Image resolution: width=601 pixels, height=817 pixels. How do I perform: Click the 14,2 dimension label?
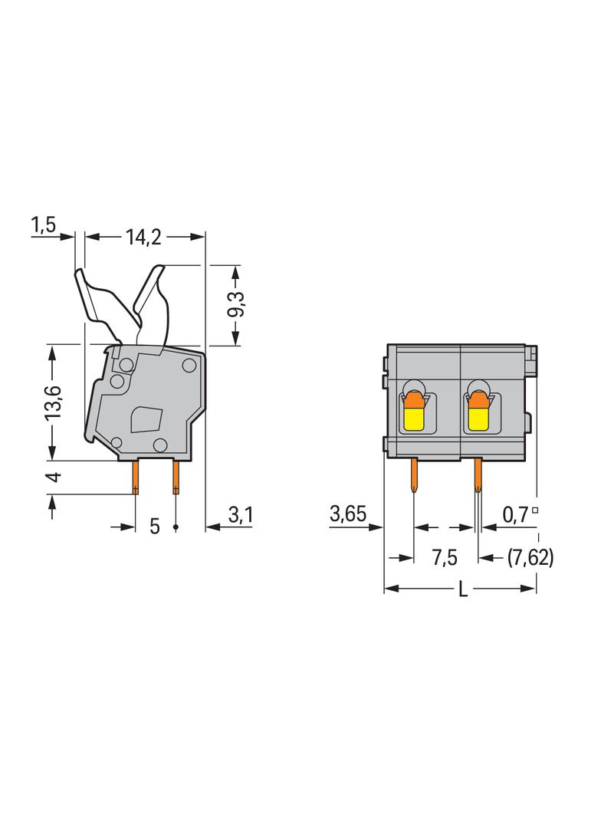tap(143, 238)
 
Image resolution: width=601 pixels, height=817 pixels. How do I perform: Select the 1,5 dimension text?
tap(43, 225)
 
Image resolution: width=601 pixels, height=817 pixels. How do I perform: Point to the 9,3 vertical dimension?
tap(237, 304)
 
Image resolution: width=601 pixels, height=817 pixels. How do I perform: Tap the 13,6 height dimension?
tap(52, 403)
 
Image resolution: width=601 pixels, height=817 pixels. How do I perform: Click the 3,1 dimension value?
tap(241, 515)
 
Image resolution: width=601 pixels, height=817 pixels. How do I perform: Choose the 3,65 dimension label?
tap(348, 513)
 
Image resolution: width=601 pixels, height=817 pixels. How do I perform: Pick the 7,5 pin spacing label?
tap(445, 558)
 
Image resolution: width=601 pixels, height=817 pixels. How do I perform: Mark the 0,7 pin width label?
tap(515, 515)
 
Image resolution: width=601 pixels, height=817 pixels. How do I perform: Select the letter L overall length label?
tap(462, 590)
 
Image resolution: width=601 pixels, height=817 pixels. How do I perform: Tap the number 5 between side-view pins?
tap(155, 527)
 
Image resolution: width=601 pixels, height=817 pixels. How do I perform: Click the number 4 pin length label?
tap(54, 477)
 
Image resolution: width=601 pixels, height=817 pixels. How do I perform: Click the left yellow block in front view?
tap(415, 419)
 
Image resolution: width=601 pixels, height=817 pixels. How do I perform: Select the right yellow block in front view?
tap(479, 419)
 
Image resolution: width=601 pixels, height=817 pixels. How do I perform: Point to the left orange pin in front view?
tap(415, 475)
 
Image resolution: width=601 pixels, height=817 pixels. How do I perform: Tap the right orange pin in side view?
tap(176, 477)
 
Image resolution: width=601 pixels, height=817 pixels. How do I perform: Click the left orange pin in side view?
tap(136, 477)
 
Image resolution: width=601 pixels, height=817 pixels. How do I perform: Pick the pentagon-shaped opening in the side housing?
tap(147, 420)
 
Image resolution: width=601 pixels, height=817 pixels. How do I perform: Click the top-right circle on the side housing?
tap(189, 366)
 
